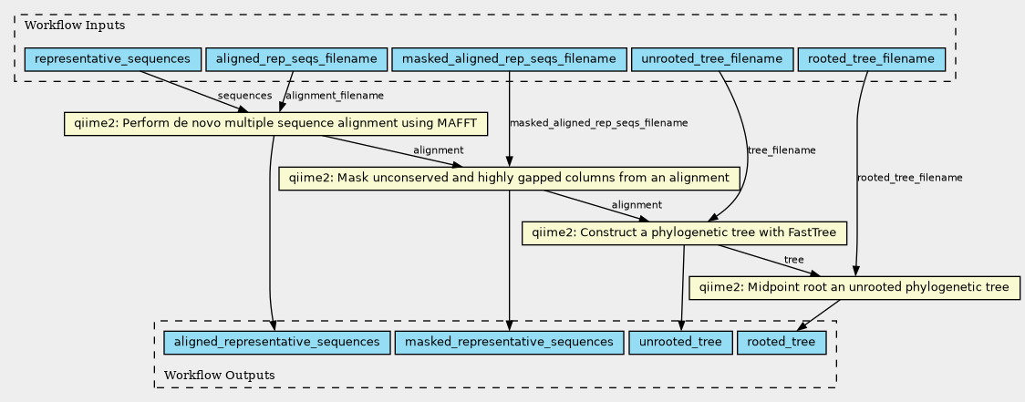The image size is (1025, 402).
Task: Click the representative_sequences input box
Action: [112, 59]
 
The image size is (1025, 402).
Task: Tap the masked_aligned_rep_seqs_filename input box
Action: [509, 59]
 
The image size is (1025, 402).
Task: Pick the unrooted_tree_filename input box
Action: [712, 59]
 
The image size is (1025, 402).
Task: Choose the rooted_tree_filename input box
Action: [872, 59]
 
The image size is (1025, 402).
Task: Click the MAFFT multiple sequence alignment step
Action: [276, 124]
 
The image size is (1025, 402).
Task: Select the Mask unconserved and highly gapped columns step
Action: [509, 179]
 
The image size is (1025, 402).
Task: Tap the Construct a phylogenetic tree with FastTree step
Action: [685, 233]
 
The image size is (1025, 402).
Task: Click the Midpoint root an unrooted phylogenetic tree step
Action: [854, 288]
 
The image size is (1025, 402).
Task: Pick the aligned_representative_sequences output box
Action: [276, 343]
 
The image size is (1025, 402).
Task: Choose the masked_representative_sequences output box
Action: [509, 343]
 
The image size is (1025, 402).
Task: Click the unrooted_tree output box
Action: [680, 343]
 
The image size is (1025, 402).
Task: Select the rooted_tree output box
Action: [782, 343]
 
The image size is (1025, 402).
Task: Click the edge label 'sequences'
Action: [244, 96]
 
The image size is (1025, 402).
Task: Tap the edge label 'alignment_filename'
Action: [335, 96]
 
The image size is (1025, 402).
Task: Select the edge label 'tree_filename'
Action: [782, 150]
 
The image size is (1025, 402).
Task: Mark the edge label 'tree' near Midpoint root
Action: [793, 260]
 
